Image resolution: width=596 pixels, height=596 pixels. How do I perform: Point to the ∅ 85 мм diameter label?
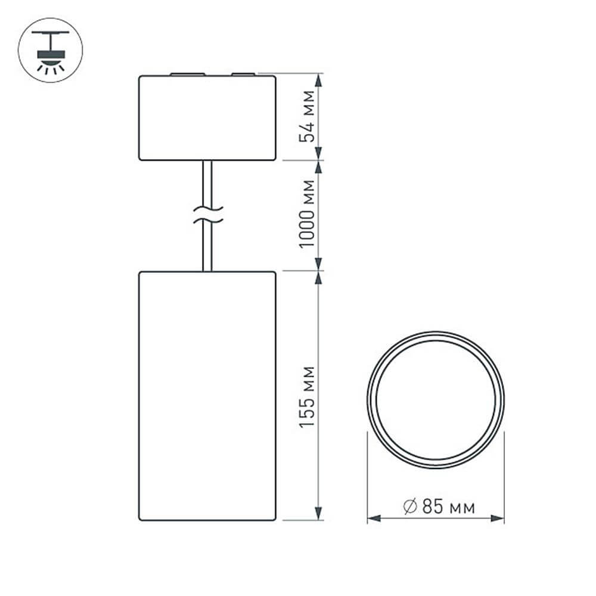pyautogui.click(x=439, y=507)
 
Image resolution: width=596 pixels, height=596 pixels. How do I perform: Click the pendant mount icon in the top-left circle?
pyautogui.click(x=51, y=49)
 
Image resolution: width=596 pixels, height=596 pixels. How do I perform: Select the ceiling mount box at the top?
pyautogui.click(x=207, y=118)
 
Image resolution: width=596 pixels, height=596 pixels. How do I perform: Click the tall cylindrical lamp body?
pyautogui.click(x=207, y=396)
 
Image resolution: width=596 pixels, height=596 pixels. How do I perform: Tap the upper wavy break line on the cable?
pyautogui.click(x=207, y=209)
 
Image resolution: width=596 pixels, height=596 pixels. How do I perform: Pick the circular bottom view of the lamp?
pyautogui.click(x=436, y=400)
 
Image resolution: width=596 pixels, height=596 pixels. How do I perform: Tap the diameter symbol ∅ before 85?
pyautogui.click(x=409, y=507)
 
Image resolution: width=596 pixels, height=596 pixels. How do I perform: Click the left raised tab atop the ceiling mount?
pyautogui.click(x=187, y=74)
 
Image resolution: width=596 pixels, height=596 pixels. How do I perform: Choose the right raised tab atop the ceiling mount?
pyautogui.click(x=243, y=74)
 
